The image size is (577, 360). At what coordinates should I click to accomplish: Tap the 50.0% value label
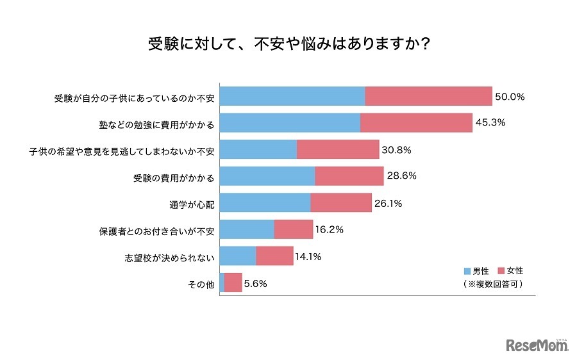[x=510, y=97]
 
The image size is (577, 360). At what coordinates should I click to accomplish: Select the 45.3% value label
[x=491, y=123]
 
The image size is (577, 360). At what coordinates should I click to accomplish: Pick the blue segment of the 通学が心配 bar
[x=265, y=203]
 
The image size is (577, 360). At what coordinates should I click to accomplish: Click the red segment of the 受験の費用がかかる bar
[x=349, y=176]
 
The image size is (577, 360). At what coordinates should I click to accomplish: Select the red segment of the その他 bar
[x=233, y=282]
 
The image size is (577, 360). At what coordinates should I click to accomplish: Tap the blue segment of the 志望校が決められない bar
[x=238, y=256]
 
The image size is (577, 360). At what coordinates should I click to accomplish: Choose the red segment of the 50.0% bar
[x=428, y=97]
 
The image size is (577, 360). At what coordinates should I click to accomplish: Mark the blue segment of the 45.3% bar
[x=290, y=123]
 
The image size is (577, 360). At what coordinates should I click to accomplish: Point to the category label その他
[x=202, y=284]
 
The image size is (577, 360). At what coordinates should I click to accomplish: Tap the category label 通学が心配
[x=192, y=204]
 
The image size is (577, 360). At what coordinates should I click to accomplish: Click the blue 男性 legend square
[x=467, y=271]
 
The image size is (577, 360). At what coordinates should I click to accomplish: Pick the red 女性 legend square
[x=501, y=271]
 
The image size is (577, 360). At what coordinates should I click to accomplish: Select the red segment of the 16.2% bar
[x=293, y=229]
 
